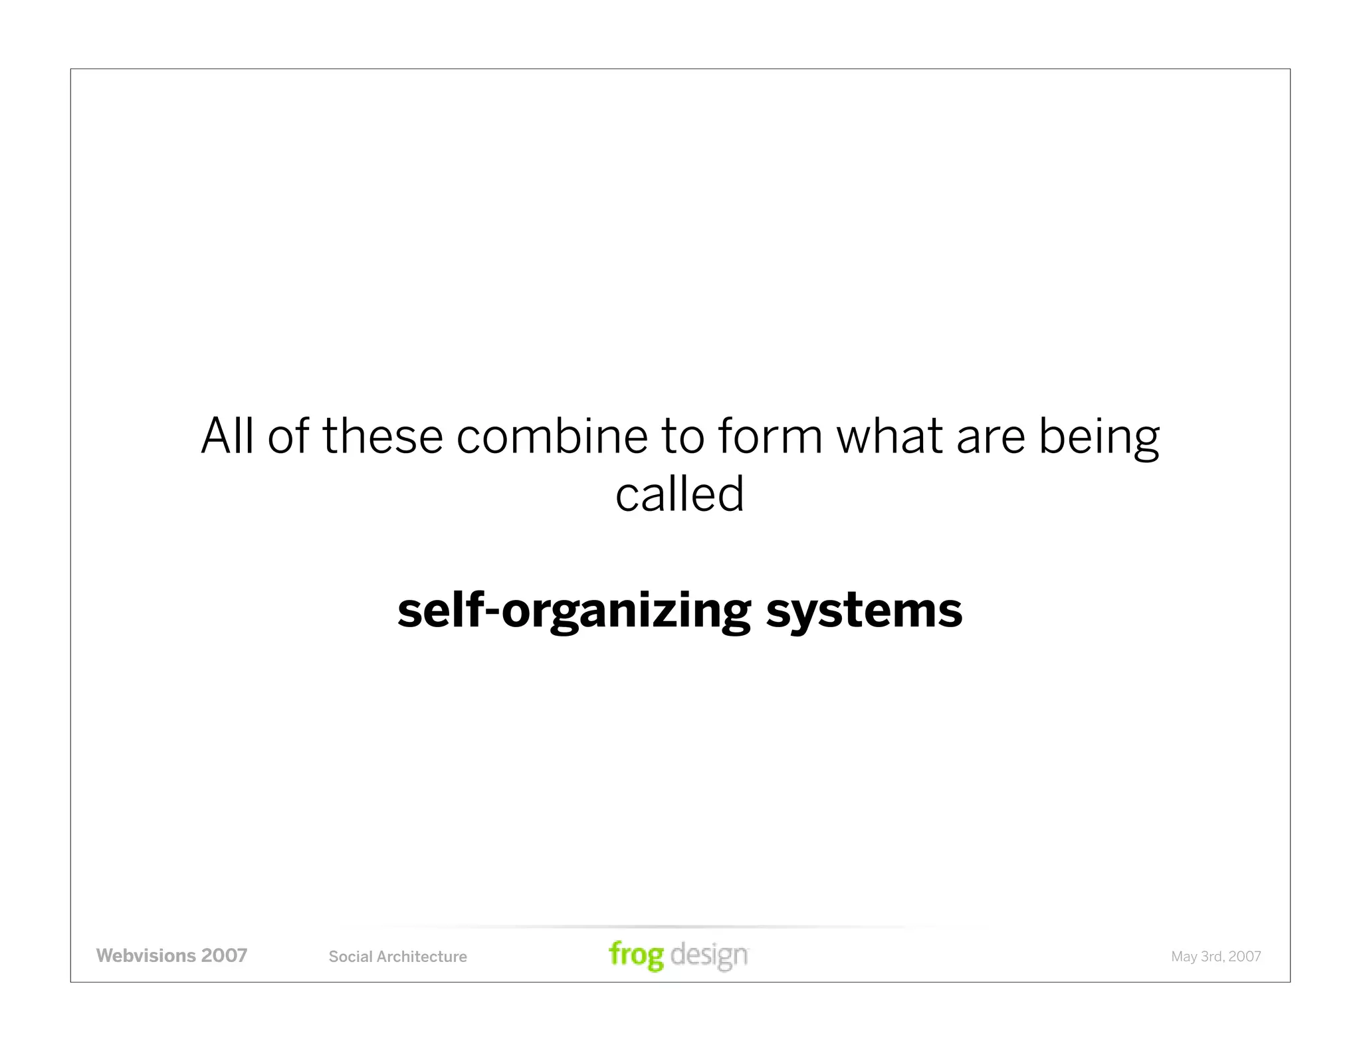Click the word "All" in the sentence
point(227,436)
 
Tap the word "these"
point(382,436)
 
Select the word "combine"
point(552,436)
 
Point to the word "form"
point(770,436)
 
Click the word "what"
point(889,436)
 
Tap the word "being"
point(1099,438)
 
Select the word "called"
point(679,494)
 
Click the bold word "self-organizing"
point(574,611)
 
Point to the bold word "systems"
point(864,611)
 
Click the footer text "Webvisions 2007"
point(171,955)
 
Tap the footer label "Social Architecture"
point(397,957)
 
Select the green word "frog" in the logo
point(636,955)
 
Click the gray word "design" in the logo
point(709,955)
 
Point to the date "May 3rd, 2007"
point(1215,957)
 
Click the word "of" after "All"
point(288,436)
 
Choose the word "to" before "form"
point(682,436)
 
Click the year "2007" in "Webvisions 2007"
point(224,955)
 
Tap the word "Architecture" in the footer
point(421,957)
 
